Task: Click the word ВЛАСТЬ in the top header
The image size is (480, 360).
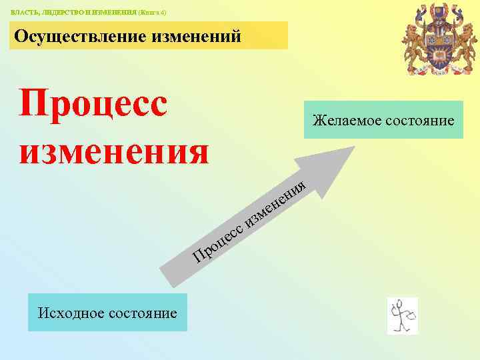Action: click(x=23, y=13)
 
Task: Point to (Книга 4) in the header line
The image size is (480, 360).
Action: click(x=153, y=13)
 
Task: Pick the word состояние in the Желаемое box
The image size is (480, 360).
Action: click(x=419, y=121)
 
